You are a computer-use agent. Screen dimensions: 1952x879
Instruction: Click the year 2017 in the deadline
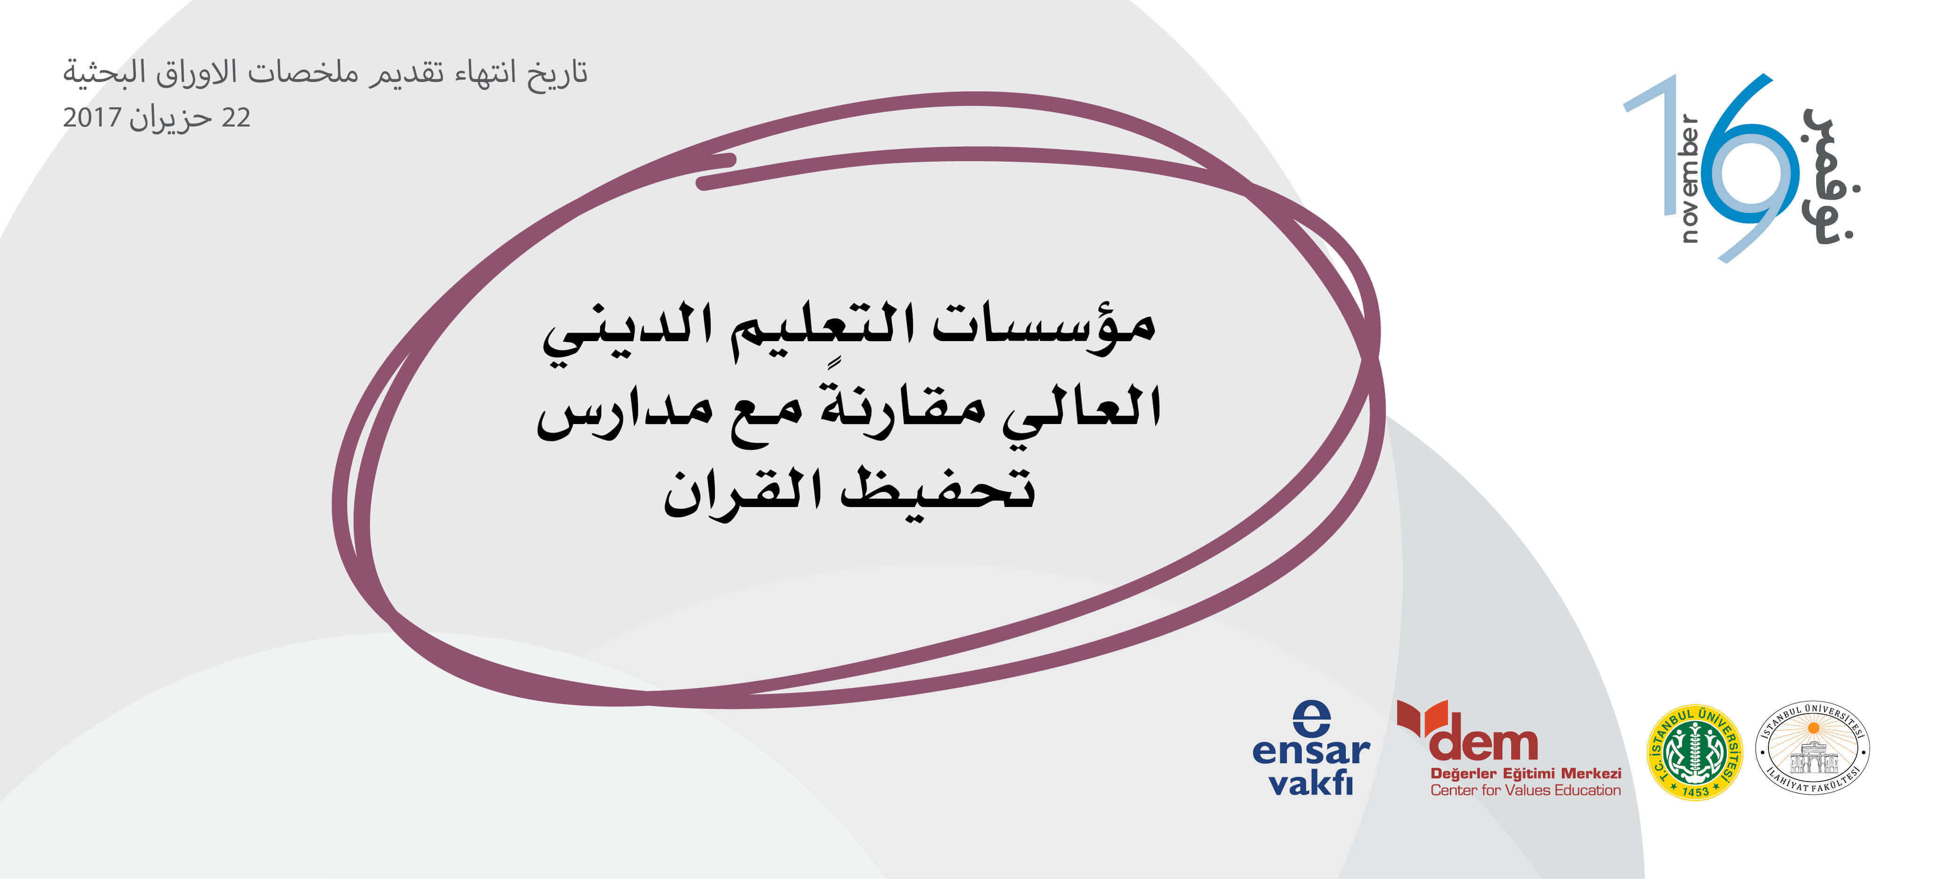[x=92, y=118]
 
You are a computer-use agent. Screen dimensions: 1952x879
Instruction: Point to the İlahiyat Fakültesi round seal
[x=1812, y=748]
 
